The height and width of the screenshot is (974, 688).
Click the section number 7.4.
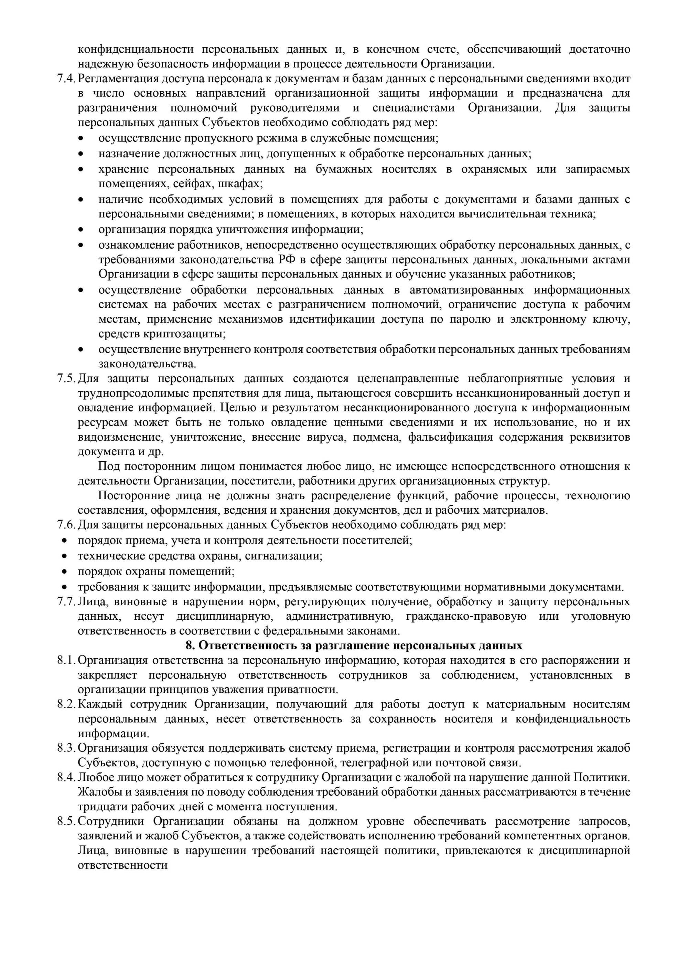66,79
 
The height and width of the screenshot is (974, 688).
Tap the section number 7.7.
66,601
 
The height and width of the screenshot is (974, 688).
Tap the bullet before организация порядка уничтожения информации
80,230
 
